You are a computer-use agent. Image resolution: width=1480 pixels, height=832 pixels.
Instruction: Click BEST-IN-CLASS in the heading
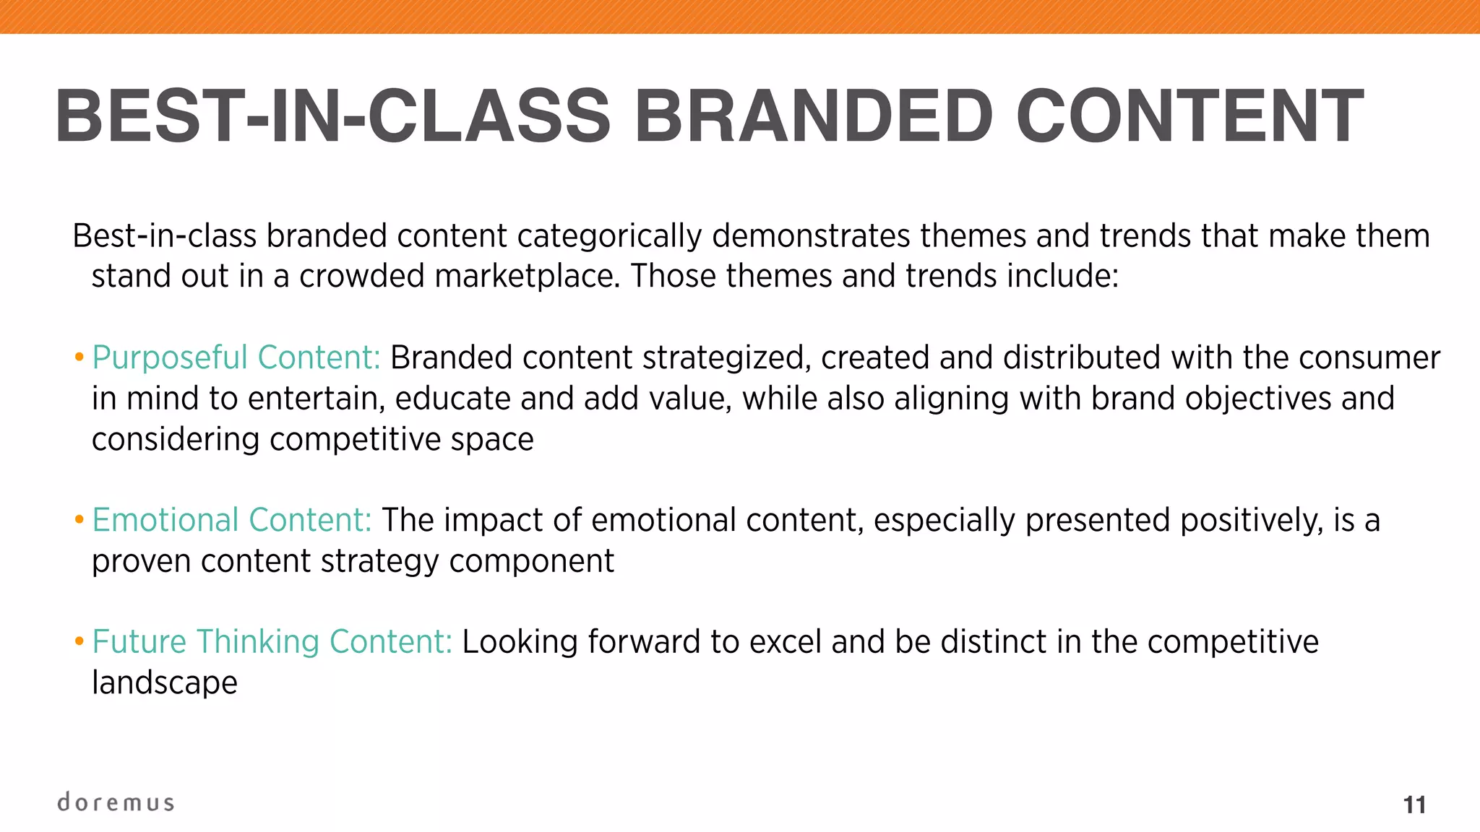pyautogui.click(x=333, y=116)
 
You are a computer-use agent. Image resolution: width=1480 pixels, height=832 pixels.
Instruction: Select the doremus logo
pyautogui.click(x=116, y=802)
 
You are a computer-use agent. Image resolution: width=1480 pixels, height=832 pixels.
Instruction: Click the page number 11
pyautogui.click(x=1414, y=805)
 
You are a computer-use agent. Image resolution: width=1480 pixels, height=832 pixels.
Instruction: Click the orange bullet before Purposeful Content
pyautogui.click(x=79, y=357)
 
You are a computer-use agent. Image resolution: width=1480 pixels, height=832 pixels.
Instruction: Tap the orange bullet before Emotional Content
pyautogui.click(x=79, y=520)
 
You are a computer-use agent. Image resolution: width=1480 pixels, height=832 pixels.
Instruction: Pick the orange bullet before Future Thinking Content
pyautogui.click(x=79, y=641)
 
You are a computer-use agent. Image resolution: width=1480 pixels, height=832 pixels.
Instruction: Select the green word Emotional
pyautogui.click(x=165, y=521)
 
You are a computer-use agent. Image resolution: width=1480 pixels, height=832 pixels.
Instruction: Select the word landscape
pyautogui.click(x=165, y=683)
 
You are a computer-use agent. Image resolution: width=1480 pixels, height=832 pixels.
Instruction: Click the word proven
pyautogui.click(x=141, y=562)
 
